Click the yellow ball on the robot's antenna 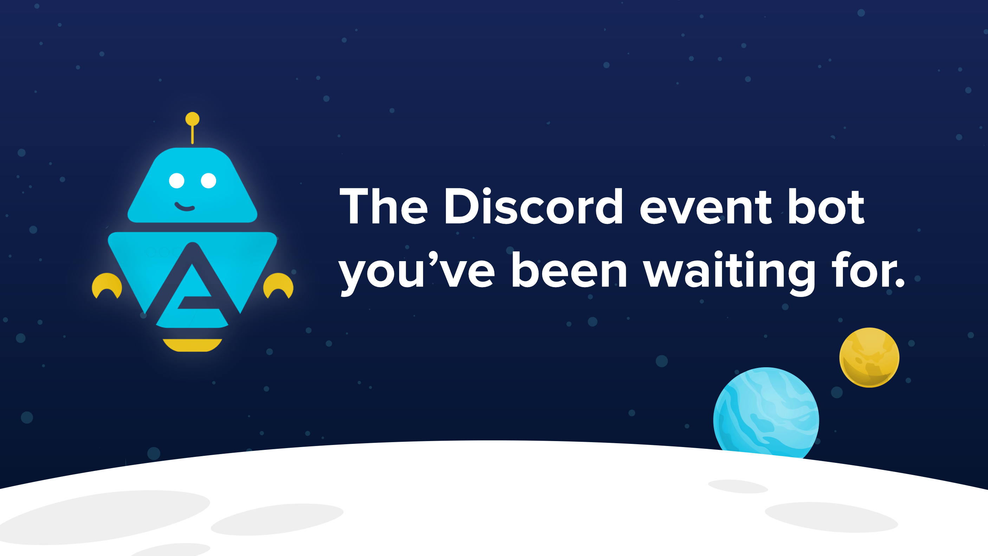click(x=192, y=118)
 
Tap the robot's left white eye click(x=177, y=180)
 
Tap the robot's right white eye click(x=209, y=180)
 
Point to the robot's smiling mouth click(x=184, y=207)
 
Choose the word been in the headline click(x=570, y=271)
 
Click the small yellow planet click(x=869, y=358)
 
